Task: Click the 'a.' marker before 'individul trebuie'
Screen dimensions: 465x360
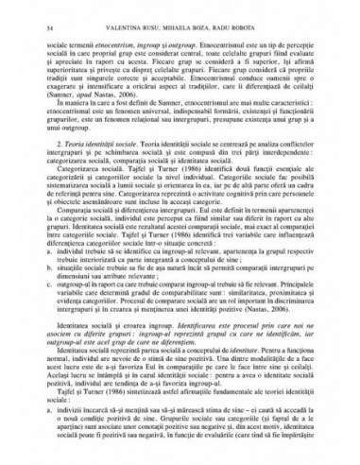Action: [x=60, y=293]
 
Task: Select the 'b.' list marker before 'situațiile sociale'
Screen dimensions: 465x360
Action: [x=60, y=310]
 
